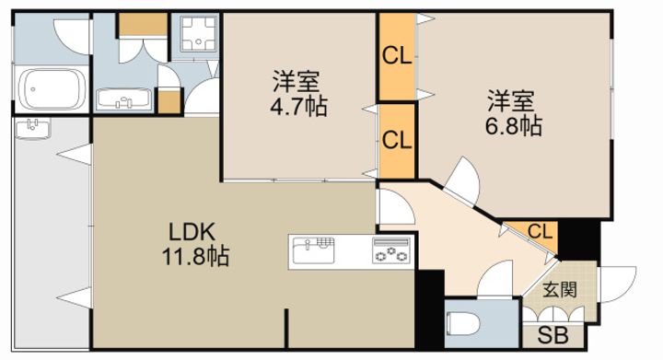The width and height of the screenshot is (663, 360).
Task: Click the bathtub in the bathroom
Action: click(52, 89)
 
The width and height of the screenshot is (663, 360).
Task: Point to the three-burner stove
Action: click(390, 250)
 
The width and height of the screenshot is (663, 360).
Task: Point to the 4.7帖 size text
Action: click(297, 105)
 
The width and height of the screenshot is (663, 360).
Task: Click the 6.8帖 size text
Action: click(512, 125)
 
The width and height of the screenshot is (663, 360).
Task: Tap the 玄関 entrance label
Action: click(558, 290)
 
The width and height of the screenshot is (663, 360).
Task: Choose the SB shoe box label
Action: click(552, 334)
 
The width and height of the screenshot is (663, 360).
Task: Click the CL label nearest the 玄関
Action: click(541, 230)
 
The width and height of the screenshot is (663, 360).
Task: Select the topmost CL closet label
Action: click(396, 56)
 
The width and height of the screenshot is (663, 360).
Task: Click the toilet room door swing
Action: click(498, 277)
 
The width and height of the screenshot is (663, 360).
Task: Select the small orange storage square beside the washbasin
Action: click(169, 100)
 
